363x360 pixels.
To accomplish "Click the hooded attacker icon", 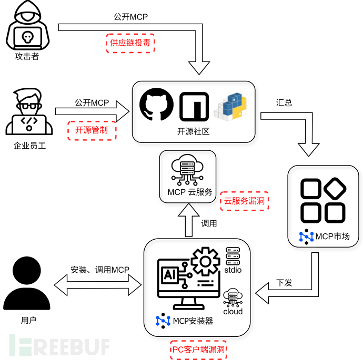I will pyautogui.click(x=27, y=26).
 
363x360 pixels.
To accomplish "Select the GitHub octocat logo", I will pyautogui.click(x=156, y=105).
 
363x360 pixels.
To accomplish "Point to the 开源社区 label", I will pyautogui.click(x=194, y=131).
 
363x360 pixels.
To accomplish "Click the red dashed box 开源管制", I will pyautogui.click(x=92, y=129).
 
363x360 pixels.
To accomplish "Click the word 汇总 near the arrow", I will pyautogui.click(x=284, y=102).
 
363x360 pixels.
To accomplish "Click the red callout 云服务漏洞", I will pyautogui.click(x=244, y=201).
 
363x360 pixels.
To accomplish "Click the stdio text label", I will pyautogui.click(x=232, y=270).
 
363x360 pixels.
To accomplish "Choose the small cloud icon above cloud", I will pyautogui.click(x=233, y=297).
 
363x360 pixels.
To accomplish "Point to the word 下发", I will pyautogui.click(x=284, y=283).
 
